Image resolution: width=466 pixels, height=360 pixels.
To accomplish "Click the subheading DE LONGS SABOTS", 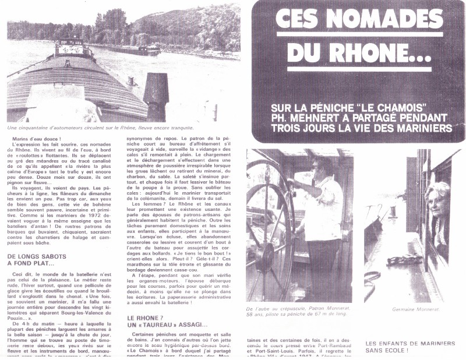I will [x=38, y=256].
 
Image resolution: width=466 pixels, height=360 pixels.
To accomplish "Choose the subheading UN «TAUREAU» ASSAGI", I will [x=167, y=324].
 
